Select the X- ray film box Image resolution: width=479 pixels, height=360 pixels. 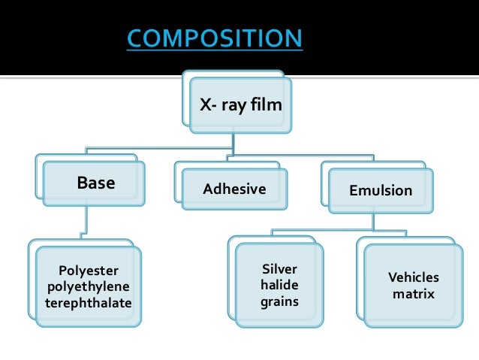pos(239,105)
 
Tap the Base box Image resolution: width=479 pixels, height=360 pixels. pos(95,183)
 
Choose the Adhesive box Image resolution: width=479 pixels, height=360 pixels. pos(234,189)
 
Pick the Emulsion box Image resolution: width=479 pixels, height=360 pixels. pos(381,190)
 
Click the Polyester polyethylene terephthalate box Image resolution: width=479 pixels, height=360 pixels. pos(89,286)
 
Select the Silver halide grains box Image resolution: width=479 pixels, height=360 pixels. pos(279,286)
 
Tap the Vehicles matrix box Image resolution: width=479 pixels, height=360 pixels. pos(413,286)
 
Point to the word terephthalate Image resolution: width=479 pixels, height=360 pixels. pos(89,303)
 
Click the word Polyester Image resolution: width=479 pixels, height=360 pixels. pos(89,271)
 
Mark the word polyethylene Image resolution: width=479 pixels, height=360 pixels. pos(89,287)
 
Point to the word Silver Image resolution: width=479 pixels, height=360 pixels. pos(279,269)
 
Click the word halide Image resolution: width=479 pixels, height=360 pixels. pos(279,286)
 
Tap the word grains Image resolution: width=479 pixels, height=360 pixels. pos(279,302)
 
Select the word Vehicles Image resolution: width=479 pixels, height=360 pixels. pos(413,277)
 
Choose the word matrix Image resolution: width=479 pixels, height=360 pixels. pos(413,294)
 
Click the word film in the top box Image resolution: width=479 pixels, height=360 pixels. pos(267,104)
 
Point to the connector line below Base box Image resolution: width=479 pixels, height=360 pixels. pos(87,222)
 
